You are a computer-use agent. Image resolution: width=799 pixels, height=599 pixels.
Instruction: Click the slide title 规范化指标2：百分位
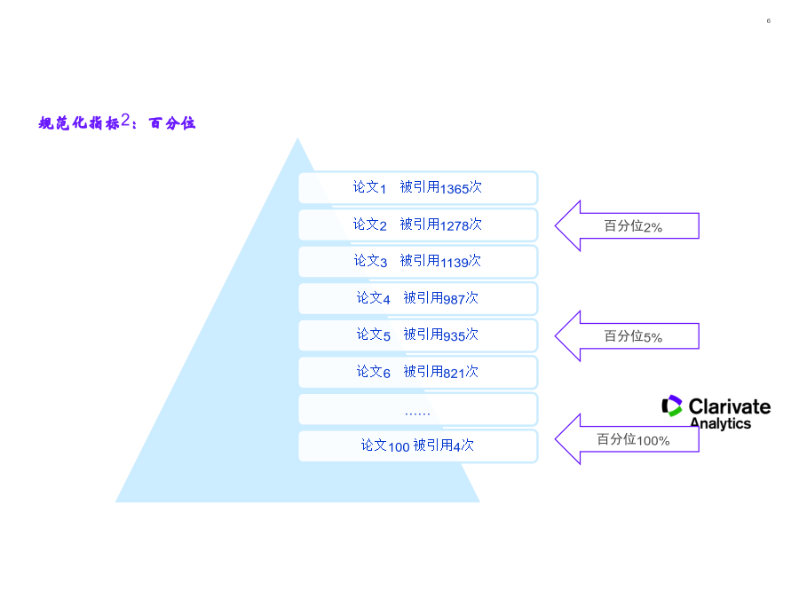tap(116, 122)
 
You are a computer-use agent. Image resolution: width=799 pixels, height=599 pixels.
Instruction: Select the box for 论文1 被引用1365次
tap(418, 188)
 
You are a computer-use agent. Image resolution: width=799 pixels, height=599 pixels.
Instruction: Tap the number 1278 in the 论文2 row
tap(454, 225)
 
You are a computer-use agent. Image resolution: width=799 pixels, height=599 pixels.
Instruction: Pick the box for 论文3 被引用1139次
tap(418, 262)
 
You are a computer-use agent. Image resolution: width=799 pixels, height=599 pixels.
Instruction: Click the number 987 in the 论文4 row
tap(454, 300)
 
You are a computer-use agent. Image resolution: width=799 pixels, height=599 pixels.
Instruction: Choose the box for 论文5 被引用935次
tap(418, 335)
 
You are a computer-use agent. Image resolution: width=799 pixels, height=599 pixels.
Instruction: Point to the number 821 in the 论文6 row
tap(454, 374)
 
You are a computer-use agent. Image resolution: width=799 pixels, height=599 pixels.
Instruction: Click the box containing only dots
tap(418, 409)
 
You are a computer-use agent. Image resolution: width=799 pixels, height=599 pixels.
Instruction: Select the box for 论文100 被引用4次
tap(418, 446)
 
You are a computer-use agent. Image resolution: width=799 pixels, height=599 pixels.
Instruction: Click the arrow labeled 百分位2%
tap(627, 225)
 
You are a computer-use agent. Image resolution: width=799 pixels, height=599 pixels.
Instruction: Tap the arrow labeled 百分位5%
tap(627, 336)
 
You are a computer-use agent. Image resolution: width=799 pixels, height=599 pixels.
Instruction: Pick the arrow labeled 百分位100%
tap(627, 439)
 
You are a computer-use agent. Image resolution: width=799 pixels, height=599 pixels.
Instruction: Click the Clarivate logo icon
tap(672, 406)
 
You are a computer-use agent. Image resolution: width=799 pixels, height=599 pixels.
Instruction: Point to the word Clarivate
tap(730, 406)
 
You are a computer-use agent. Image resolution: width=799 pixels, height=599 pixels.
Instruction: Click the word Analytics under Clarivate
tap(721, 423)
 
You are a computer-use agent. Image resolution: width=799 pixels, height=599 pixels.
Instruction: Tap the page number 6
tap(769, 21)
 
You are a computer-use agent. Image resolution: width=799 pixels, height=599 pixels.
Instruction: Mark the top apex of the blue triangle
tap(297, 138)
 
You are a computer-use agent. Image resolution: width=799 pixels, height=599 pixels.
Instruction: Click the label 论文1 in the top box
tap(369, 187)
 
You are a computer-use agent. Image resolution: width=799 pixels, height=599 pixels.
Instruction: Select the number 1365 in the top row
tap(454, 189)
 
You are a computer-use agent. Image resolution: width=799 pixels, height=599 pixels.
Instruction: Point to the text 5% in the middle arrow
tap(653, 338)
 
